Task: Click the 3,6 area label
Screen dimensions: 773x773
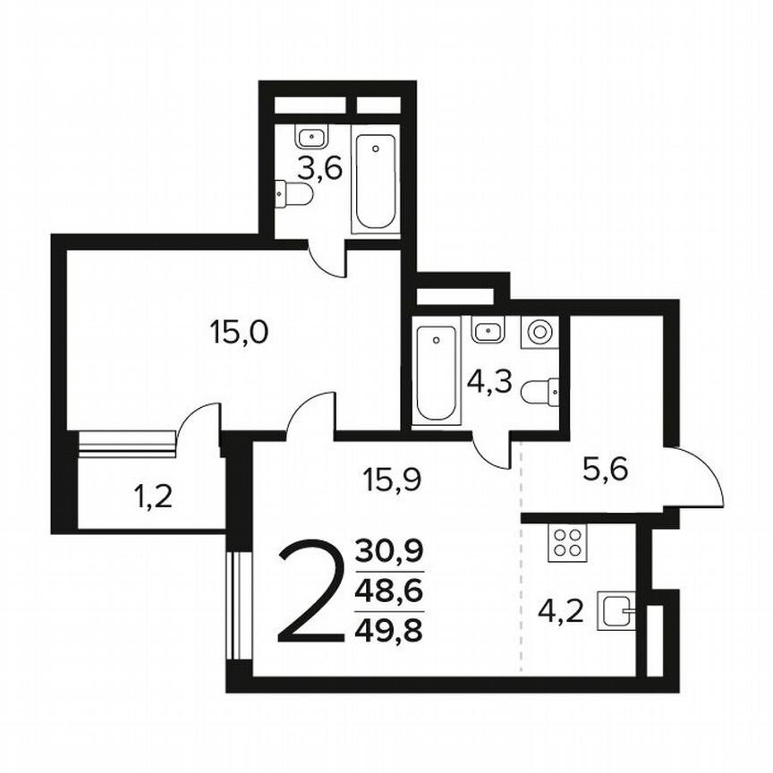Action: click(320, 166)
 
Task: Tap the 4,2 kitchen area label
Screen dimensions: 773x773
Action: click(562, 613)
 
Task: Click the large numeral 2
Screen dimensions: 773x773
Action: click(310, 591)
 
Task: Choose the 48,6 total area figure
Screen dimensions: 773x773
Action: click(389, 591)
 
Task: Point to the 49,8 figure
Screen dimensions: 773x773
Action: click(389, 631)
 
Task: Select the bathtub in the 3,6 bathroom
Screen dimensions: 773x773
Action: click(375, 183)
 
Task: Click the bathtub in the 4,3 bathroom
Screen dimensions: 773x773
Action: click(437, 374)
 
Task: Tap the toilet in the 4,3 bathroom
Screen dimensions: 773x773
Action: click(542, 391)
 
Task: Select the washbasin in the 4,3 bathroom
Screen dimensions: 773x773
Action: click(488, 331)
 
